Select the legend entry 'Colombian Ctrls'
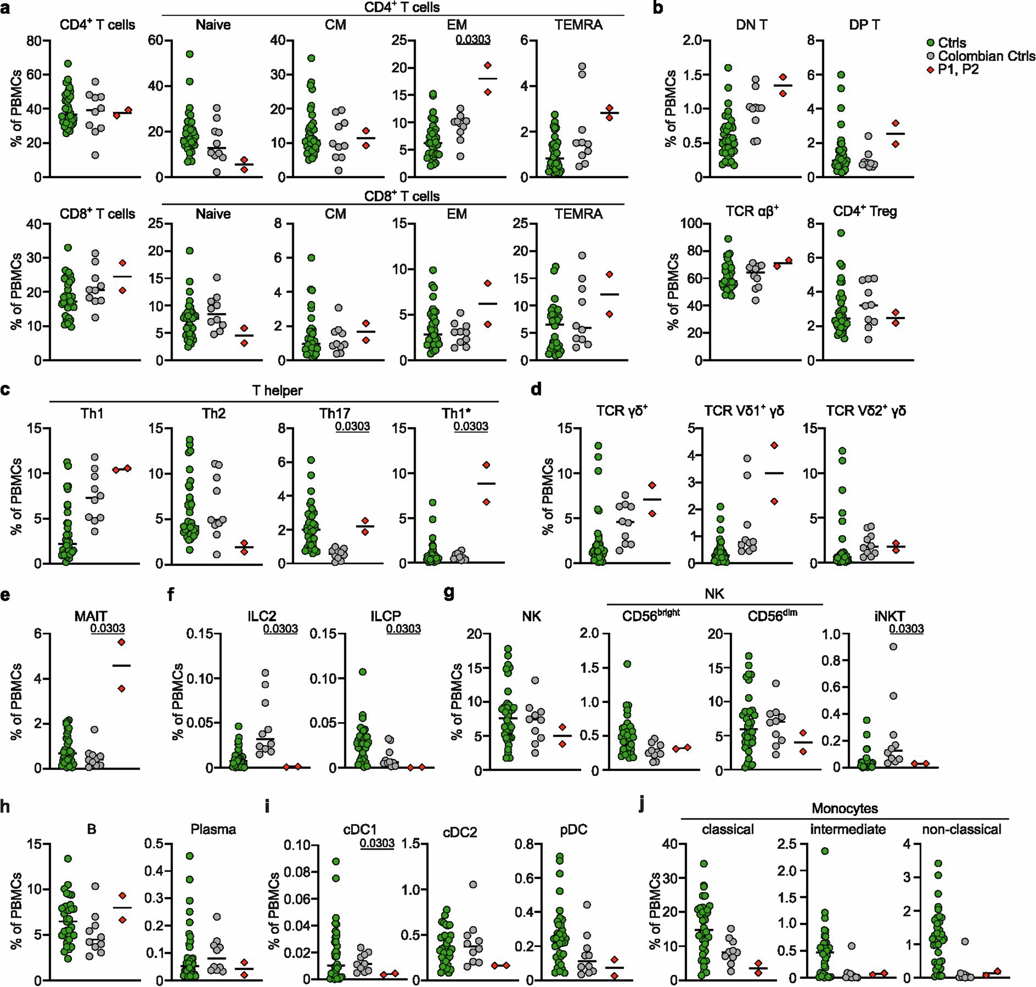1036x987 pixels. [986, 56]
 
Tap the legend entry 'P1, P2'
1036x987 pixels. [958, 70]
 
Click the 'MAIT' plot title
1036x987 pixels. [92, 617]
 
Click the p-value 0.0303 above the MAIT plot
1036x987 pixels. [108, 628]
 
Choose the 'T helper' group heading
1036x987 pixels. [277, 390]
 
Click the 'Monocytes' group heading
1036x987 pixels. [844, 808]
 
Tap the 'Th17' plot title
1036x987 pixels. [335, 413]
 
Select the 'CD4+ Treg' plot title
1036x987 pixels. [865, 211]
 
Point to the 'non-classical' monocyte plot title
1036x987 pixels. [961, 830]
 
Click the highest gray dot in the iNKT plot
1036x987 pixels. [893, 647]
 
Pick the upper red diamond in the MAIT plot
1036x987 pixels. [121, 642]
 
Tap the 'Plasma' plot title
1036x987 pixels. [213, 830]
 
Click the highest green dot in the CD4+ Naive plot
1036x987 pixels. [189, 54]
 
